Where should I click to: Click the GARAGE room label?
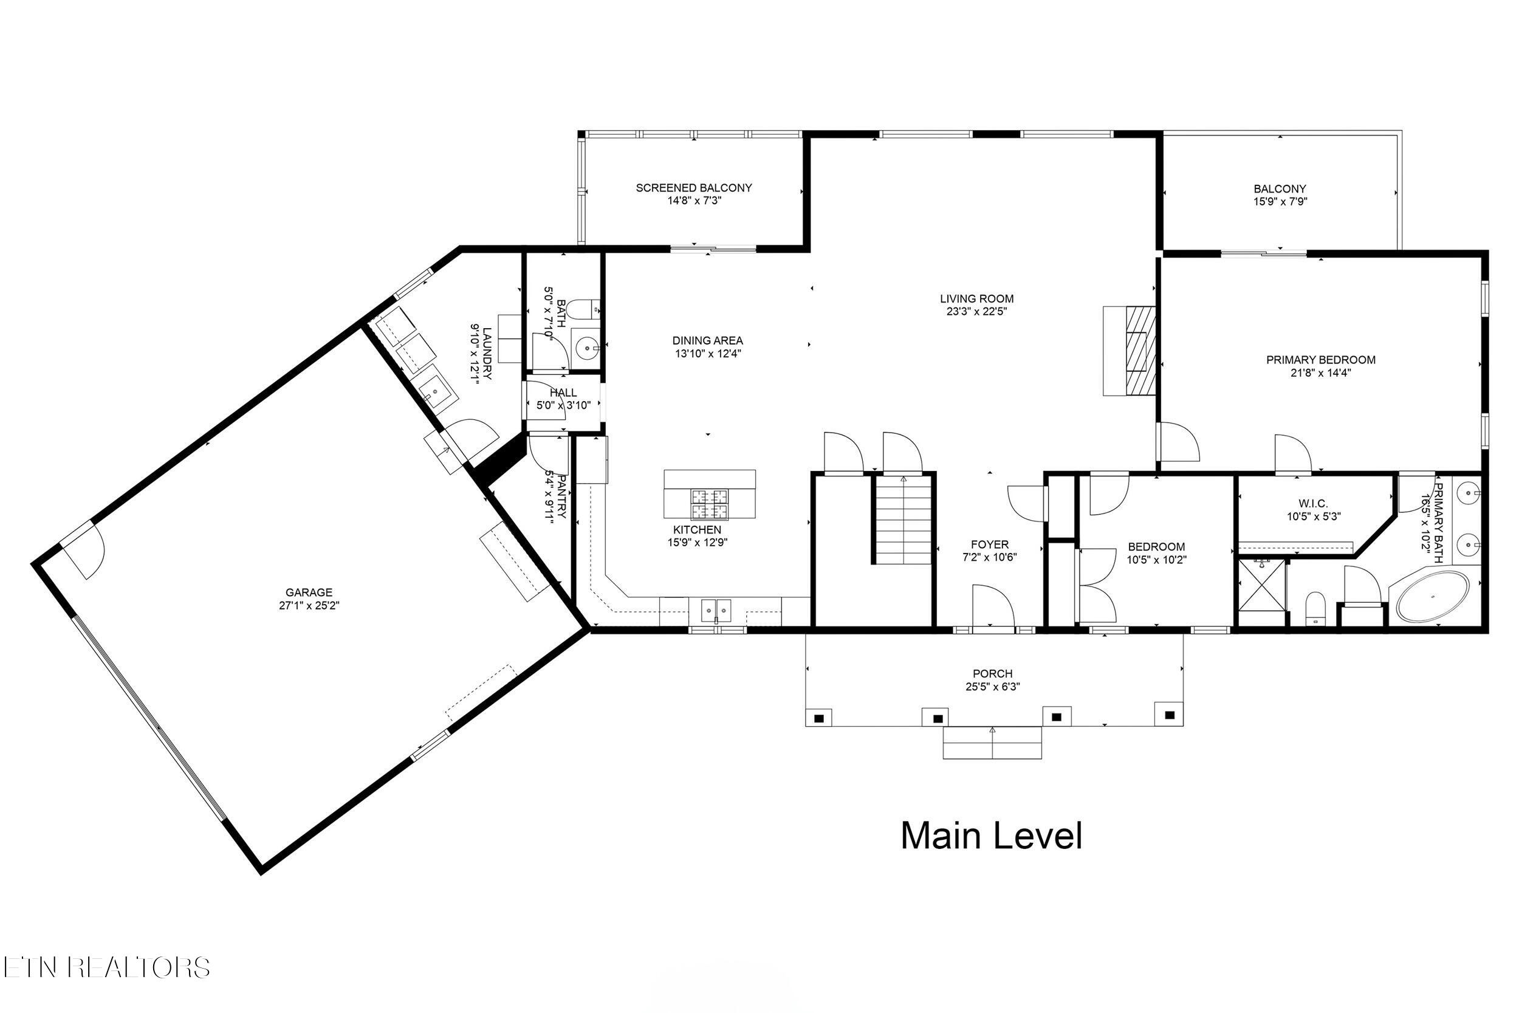tap(309, 592)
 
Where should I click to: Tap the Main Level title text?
tap(991, 836)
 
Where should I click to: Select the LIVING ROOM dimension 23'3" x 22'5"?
tap(976, 311)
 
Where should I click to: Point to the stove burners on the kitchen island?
tap(710, 504)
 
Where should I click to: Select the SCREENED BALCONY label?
tap(694, 188)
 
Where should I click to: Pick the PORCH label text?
tap(993, 674)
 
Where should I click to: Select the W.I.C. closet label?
tap(1313, 503)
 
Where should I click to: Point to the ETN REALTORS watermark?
tap(106, 968)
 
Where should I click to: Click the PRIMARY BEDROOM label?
tap(1320, 360)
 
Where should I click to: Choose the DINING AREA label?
tap(707, 340)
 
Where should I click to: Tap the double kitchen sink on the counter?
tap(716, 610)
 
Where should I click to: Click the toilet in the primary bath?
tap(1315, 608)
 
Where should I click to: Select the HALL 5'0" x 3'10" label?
tap(563, 393)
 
